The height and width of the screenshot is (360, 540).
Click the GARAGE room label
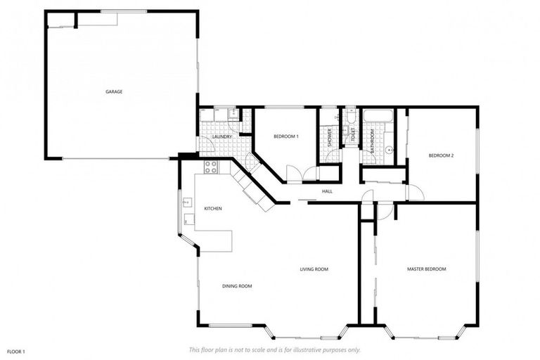[x=114, y=91]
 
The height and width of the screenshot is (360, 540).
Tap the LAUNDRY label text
[x=222, y=136]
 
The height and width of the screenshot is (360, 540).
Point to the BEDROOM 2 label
[x=441, y=155]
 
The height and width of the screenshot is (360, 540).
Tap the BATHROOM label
[x=372, y=139]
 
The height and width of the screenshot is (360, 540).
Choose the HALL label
[x=327, y=191]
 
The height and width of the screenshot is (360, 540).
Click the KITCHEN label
[x=213, y=209]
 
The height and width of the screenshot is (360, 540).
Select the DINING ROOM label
[x=237, y=286]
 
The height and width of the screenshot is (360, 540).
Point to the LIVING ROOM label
[x=314, y=269]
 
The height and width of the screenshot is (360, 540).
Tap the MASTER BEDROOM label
[x=426, y=269]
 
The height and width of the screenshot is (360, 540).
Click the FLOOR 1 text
[x=16, y=351]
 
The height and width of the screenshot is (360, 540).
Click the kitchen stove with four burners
[x=210, y=167]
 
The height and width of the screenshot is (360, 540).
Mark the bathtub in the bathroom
[x=379, y=115]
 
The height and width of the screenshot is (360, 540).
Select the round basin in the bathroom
[x=388, y=149]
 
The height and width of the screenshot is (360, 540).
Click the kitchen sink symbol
[x=187, y=203]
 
